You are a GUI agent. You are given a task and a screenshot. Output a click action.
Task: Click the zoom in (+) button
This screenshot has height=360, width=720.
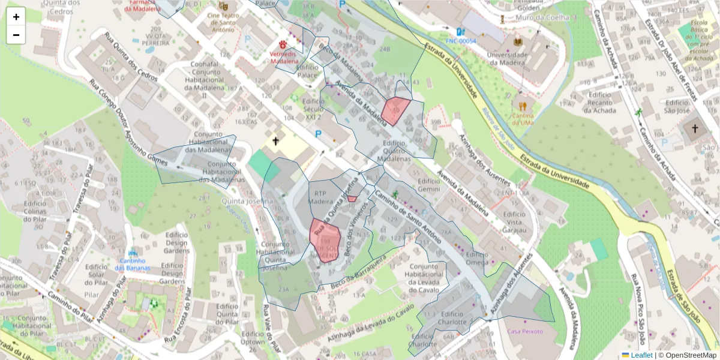(16, 17)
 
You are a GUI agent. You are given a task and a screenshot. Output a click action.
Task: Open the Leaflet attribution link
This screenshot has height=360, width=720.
(641, 355)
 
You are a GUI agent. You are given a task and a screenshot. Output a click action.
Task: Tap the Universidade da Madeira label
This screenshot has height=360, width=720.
(509, 59)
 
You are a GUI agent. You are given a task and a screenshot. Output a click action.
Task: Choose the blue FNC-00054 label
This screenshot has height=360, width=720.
(461, 41)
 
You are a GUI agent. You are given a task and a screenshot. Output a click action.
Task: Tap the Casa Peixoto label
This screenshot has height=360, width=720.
(525, 331)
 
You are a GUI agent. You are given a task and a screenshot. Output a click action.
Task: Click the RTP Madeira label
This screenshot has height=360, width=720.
(319, 198)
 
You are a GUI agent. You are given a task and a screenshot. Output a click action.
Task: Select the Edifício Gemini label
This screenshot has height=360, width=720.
(429, 185)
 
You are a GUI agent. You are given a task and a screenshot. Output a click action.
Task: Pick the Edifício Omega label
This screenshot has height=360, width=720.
(477, 259)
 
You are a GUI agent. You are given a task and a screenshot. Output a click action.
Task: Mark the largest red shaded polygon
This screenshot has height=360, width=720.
(325, 239)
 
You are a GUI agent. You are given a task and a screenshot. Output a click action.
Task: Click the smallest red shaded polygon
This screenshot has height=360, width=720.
(352, 199)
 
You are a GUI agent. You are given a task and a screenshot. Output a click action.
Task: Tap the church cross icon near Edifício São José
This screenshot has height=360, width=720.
(695, 128)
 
